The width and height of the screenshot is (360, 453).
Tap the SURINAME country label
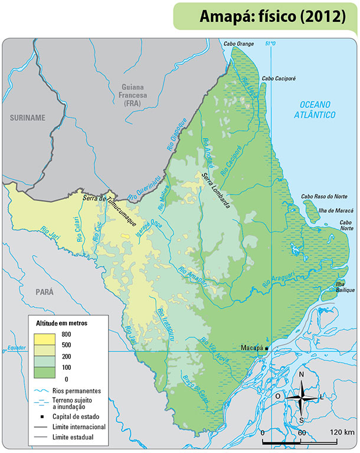(27, 118)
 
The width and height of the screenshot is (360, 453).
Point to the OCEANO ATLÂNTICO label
(315, 109)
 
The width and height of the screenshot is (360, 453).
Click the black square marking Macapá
(266, 349)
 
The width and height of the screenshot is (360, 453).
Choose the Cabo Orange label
(238, 44)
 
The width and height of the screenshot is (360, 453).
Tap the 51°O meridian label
(271, 44)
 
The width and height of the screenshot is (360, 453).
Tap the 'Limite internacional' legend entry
(78, 426)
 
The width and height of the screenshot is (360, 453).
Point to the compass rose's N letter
(302, 375)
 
